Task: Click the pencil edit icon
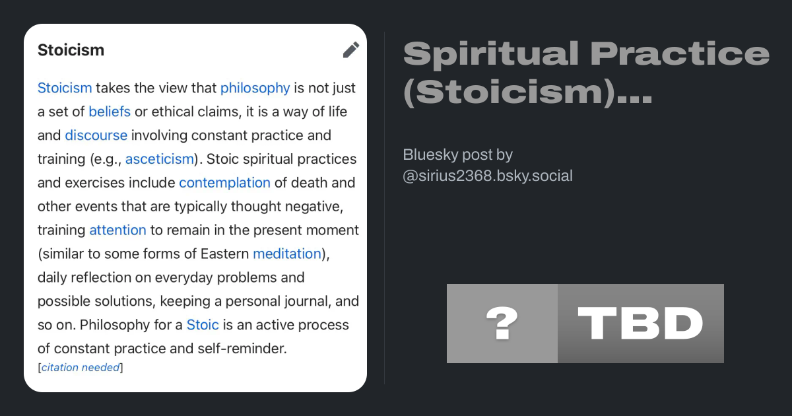351,50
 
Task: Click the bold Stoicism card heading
71,50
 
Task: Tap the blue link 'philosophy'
255,88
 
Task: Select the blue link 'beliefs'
110,112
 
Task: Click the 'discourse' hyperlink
96,135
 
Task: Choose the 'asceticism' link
160,159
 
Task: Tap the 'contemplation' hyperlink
224,183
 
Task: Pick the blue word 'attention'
117,230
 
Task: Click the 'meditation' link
286,254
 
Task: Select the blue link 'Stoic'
203,325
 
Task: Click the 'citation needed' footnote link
81,368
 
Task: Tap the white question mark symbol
502,323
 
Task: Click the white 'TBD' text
640,324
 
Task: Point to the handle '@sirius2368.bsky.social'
488,176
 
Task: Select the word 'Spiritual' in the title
491,53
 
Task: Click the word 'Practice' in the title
680,53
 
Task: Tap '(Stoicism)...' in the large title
527,92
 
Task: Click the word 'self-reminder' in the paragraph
242,349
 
